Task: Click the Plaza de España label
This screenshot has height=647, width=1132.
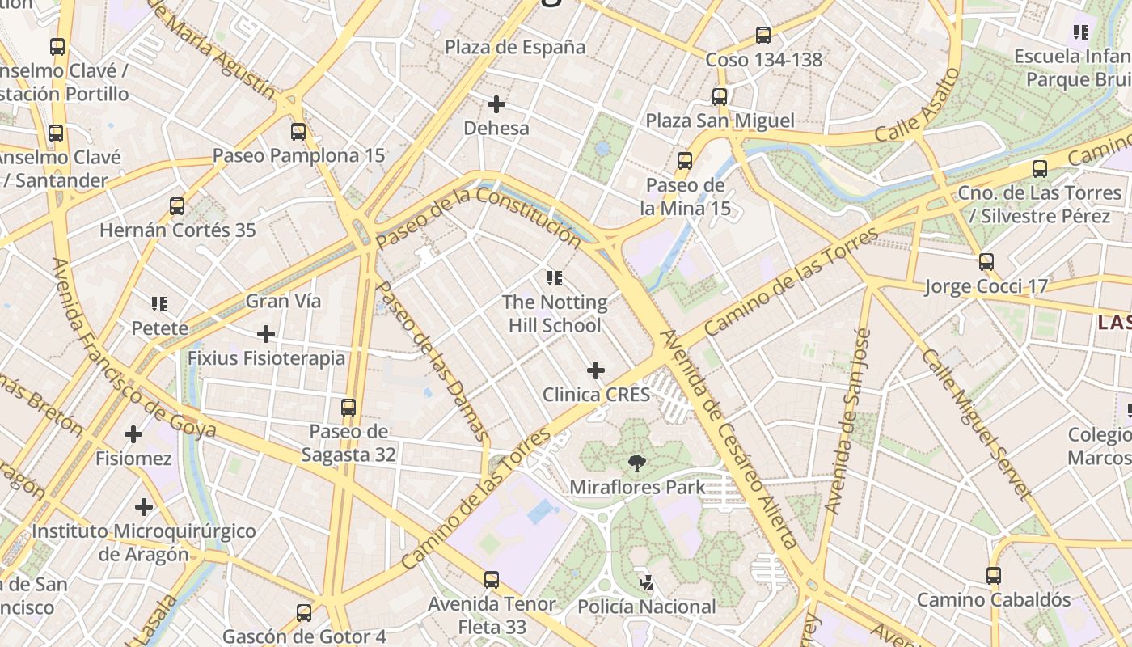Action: [x=515, y=47]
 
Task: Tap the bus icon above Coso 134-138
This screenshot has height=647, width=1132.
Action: [x=763, y=36]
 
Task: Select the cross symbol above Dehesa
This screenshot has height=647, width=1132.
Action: [x=496, y=104]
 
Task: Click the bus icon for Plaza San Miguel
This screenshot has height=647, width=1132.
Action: [x=720, y=97]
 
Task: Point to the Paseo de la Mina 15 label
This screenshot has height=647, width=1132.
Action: [x=685, y=197]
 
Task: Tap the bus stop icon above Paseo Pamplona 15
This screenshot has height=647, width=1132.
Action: [x=298, y=132]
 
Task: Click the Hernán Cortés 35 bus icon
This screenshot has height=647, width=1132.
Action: [x=177, y=206]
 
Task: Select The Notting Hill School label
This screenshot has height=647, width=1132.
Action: [x=555, y=314]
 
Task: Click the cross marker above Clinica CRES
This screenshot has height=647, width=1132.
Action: [x=596, y=370]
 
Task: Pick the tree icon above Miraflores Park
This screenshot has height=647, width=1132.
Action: [x=637, y=463]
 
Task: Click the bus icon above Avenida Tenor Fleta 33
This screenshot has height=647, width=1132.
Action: [x=492, y=580]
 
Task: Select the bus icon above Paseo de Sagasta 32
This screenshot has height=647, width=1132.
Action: [x=348, y=408]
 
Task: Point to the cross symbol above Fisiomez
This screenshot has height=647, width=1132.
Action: [x=133, y=435]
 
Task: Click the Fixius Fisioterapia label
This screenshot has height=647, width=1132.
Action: [x=266, y=357]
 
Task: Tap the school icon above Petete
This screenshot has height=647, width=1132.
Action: [x=159, y=304]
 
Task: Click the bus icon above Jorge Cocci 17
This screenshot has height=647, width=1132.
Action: [x=986, y=262]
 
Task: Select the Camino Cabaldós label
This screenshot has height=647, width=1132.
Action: [x=993, y=600]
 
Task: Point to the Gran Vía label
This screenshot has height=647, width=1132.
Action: [x=283, y=301]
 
